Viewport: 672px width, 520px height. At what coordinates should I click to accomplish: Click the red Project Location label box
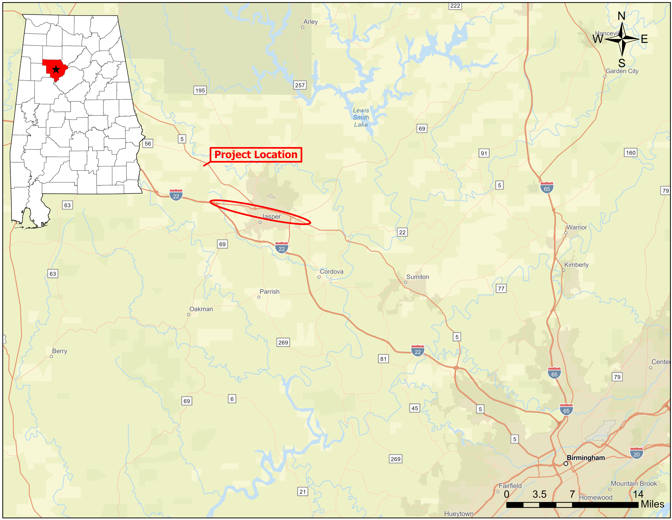coord(256,155)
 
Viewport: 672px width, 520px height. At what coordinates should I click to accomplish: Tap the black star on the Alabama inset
coord(56,69)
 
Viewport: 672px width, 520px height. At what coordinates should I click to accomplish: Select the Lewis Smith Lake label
coord(361,117)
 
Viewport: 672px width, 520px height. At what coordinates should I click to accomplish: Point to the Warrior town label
coord(577,227)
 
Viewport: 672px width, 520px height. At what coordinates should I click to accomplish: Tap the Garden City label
coord(622,71)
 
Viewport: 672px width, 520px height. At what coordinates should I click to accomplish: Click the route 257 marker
coord(300,85)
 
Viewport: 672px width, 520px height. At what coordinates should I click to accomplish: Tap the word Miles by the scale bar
coord(652,504)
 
